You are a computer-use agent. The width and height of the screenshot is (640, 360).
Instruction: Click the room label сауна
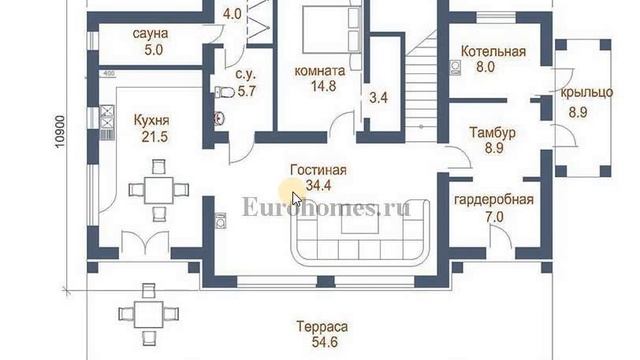click(150, 33)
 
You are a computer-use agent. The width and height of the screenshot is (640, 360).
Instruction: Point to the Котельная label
click(493, 51)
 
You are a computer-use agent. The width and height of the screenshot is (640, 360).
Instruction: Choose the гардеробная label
click(494, 199)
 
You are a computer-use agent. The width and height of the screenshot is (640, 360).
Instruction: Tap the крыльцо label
click(587, 92)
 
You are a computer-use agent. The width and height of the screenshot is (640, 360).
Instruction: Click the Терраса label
click(322, 327)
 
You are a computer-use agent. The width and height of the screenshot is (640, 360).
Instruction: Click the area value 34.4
click(319, 185)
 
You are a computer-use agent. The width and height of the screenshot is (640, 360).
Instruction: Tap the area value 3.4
click(379, 98)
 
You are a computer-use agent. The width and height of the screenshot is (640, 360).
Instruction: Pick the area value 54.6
click(322, 342)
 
